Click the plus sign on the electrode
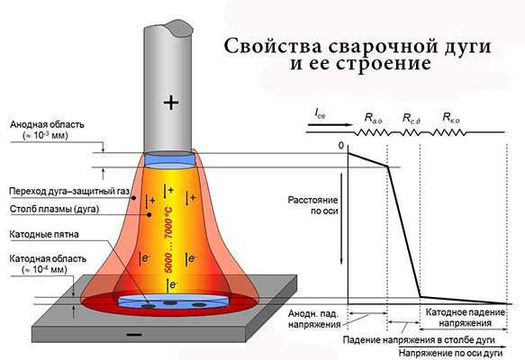click(x=171, y=103)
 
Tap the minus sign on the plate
click(x=134, y=334)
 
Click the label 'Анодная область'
click(x=47, y=125)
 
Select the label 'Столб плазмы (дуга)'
click(x=55, y=210)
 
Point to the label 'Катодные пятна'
click(x=44, y=234)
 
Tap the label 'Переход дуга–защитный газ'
click(x=69, y=192)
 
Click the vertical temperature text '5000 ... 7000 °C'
click(x=168, y=239)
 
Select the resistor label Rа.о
click(x=373, y=118)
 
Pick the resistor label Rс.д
click(x=412, y=119)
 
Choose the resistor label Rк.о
click(x=451, y=117)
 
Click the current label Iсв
click(x=320, y=113)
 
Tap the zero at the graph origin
click(x=341, y=146)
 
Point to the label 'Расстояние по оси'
click(x=313, y=205)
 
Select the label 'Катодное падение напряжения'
click(x=465, y=318)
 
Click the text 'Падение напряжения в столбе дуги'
click(x=419, y=340)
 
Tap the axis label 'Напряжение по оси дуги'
click(x=450, y=354)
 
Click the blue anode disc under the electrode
click(x=169, y=159)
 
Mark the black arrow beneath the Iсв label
click(x=330, y=125)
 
